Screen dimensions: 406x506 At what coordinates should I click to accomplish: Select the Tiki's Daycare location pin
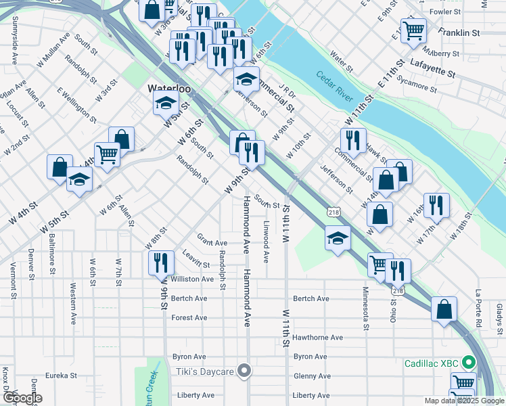[x=244, y=371]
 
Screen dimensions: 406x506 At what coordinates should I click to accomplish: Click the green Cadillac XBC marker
[x=466, y=363]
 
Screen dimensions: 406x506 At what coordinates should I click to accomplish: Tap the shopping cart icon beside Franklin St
[x=413, y=30]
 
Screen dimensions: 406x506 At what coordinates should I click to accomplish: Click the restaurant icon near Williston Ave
[x=160, y=263]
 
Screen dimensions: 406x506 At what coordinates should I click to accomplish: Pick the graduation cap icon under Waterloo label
[x=165, y=104]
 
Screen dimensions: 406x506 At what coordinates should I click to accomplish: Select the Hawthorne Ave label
[x=318, y=337]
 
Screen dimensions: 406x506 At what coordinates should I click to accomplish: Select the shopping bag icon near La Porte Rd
[x=444, y=309]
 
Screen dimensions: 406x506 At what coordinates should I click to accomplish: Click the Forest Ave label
[x=189, y=317]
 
